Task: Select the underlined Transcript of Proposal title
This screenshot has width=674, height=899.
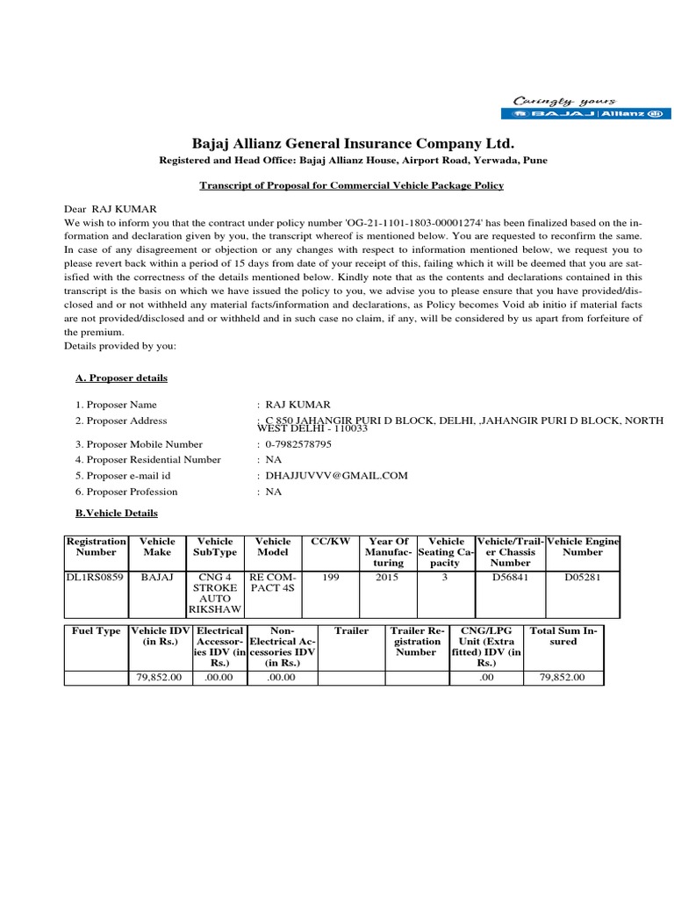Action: click(x=351, y=186)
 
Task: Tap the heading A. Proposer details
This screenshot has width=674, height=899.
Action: click(x=121, y=378)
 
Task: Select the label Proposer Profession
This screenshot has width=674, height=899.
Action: click(x=140, y=492)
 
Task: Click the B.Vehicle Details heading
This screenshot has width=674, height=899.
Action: click(x=117, y=513)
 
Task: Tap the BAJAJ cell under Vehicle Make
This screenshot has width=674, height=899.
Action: click(x=158, y=579)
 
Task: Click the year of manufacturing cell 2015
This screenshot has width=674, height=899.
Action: click(x=387, y=579)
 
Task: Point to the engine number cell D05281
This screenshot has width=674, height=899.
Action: click(x=584, y=579)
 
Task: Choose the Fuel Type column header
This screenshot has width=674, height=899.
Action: click(x=97, y=631)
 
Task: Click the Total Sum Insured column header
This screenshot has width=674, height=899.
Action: click(x=563, y=636)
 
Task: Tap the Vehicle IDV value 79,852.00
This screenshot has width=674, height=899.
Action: click(x=160, y=678)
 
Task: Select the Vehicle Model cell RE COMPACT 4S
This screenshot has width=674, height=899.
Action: click(x=272, y=585)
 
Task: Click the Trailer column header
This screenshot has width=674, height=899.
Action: click(x=351, y=631)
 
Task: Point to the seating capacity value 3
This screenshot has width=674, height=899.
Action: click(x=445, y=579)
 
